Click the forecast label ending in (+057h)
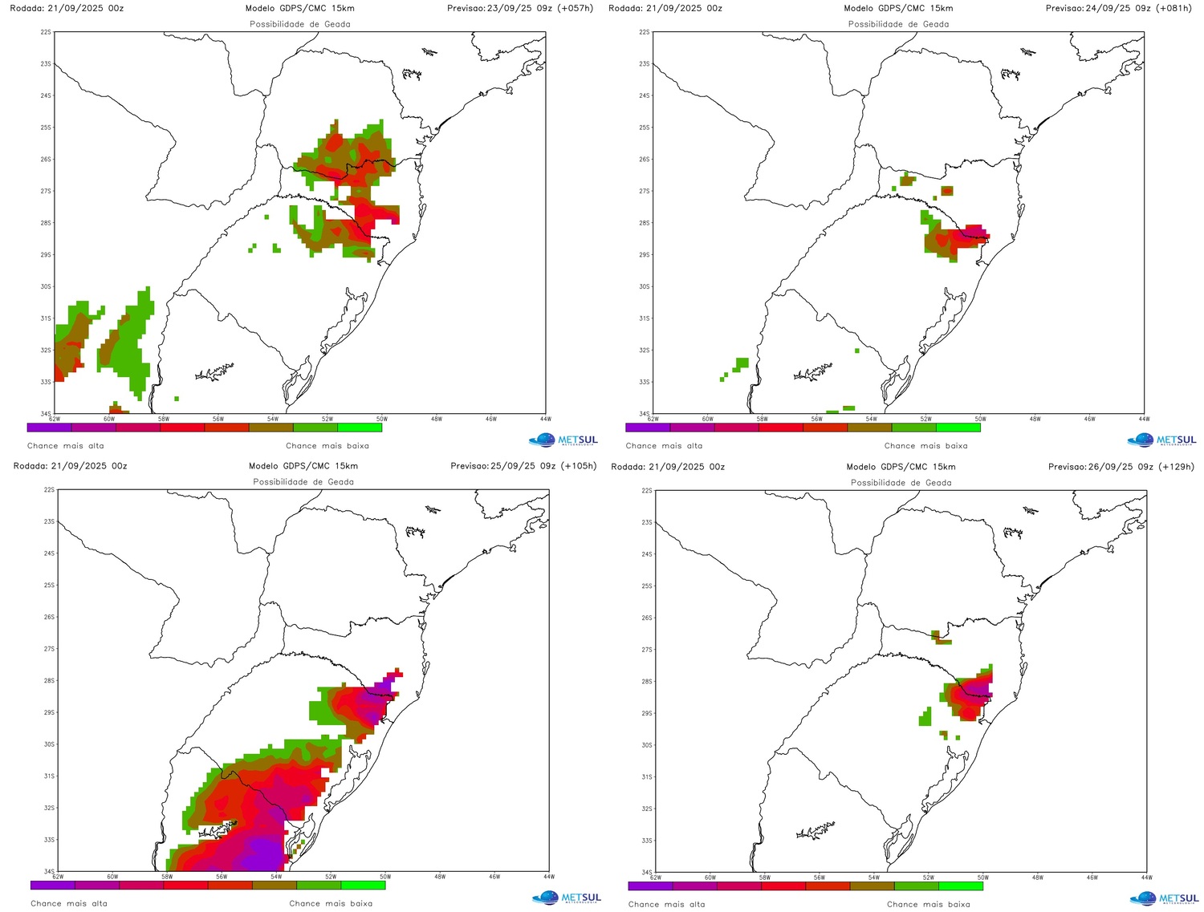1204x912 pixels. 520,9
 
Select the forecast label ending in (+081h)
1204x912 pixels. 1118,9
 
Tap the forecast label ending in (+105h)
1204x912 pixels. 523,466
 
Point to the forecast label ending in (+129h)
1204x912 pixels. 1121,467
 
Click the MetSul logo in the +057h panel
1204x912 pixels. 563,440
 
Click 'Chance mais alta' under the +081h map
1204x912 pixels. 664,446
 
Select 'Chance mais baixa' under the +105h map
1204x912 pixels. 331,904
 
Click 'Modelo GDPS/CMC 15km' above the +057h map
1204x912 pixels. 300,9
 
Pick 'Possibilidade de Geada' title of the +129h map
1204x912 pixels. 901,483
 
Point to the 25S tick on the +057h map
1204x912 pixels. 46,128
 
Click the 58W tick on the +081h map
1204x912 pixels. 762,419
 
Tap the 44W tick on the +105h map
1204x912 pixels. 549,877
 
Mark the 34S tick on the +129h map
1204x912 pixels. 647,872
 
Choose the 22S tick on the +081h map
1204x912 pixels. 645,32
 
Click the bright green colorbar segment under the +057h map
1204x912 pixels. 360,428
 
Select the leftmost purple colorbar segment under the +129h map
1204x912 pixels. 650,886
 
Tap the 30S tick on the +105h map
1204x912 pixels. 49,744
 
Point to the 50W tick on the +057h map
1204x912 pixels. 382,419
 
